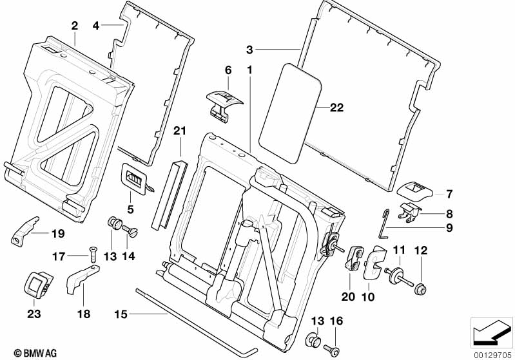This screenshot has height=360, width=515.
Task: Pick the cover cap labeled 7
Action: (x=415, y=190)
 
